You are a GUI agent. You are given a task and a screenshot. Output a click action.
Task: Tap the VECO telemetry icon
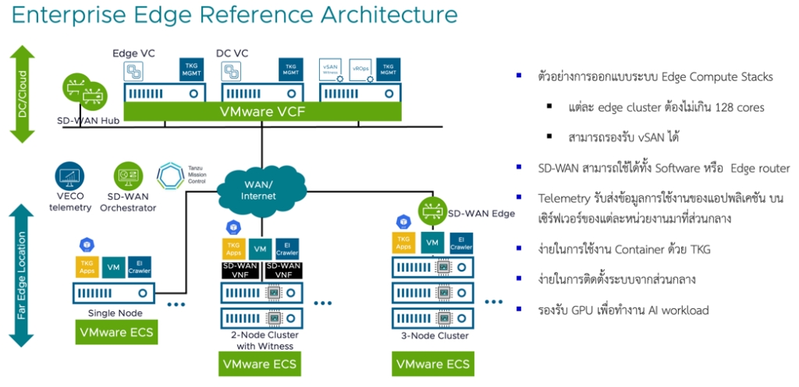72,175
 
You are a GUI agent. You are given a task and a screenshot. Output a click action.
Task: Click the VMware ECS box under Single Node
115,333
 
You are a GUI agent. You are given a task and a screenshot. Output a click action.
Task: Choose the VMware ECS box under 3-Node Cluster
433,364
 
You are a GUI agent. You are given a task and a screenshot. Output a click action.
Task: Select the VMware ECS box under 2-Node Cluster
259,364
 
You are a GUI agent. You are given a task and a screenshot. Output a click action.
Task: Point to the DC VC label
230,52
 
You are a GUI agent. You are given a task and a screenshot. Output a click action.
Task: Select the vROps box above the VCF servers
360,67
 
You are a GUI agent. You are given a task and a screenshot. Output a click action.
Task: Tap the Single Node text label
115,313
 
